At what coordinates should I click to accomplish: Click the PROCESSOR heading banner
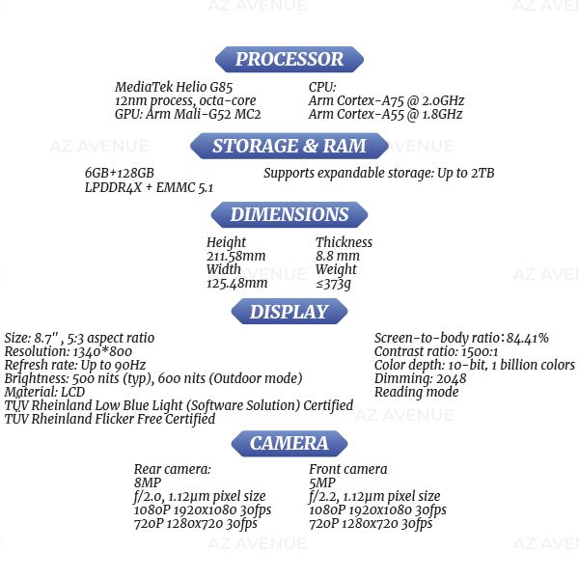tap(289, 59)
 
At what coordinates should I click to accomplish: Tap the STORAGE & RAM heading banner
tap(289, 146)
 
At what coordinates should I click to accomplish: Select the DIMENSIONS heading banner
tap(289, 214)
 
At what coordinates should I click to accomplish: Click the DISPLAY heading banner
tap(289, 312)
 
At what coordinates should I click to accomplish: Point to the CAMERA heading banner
tap(289, 443)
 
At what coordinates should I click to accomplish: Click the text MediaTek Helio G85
tap(175, 87)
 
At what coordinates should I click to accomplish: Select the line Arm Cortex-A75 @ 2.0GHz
tap(386, 100)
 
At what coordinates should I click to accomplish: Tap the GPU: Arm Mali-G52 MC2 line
tap(188, 114)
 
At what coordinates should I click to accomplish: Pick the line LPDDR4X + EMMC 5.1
tap(150, 187)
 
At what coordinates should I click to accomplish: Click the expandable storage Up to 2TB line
tap(378, 173)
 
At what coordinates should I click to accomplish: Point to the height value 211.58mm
tap(236, 256)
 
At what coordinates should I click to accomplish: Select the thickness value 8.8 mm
tap(337, 256)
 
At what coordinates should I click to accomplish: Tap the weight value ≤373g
tap(333, 283)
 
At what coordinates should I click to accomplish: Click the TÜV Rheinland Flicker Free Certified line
tap(110, 419)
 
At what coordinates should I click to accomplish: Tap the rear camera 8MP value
tap(148, 482)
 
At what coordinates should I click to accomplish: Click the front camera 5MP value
tap(322, 482)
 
